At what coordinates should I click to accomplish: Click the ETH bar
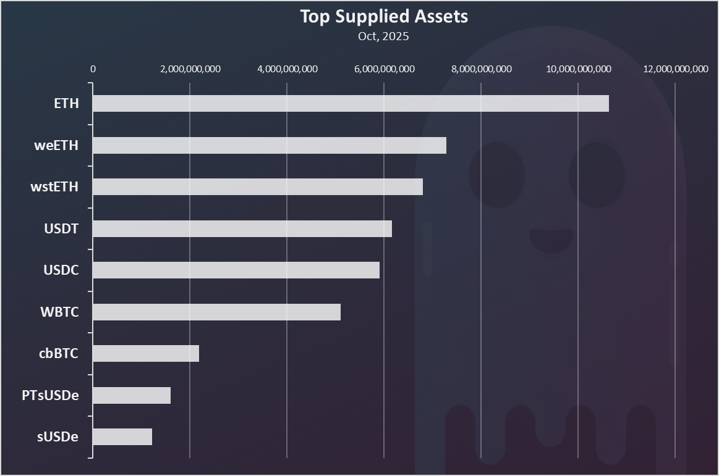click(x=351, y=103)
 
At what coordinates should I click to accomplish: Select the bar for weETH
click(x=270, y=145)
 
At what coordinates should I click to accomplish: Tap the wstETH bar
click(x=258, y=186)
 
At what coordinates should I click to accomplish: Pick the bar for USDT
click(x=242, y=228)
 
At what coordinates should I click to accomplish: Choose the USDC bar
click(x=236, y=270)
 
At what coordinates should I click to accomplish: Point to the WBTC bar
click(x=216, y=312)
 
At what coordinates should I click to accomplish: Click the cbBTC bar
click(x=146, y=353)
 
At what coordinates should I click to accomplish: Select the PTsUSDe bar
click(x=132, y=395)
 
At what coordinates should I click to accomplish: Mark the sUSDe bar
click(x=122, y=436)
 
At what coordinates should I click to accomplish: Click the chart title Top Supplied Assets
click(x=384, y=17)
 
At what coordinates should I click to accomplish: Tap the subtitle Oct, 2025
click(x=383, y=36)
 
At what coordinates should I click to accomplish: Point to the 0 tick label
click(x=93, y=69)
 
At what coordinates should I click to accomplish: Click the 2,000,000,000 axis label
click(x=190, y=69)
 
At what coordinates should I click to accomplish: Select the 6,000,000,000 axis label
click(x=384, y=69)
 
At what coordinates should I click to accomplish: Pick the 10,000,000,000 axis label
click(x=578, y=69)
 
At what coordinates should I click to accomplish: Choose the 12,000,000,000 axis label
click(x=675, y=69)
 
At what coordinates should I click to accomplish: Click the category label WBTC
click(x=59, y=312)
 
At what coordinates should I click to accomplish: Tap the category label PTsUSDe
click(x=50, y=395)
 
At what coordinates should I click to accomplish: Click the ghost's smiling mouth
click(x=551, y=239)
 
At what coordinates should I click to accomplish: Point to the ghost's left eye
click(x=496, y=174)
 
